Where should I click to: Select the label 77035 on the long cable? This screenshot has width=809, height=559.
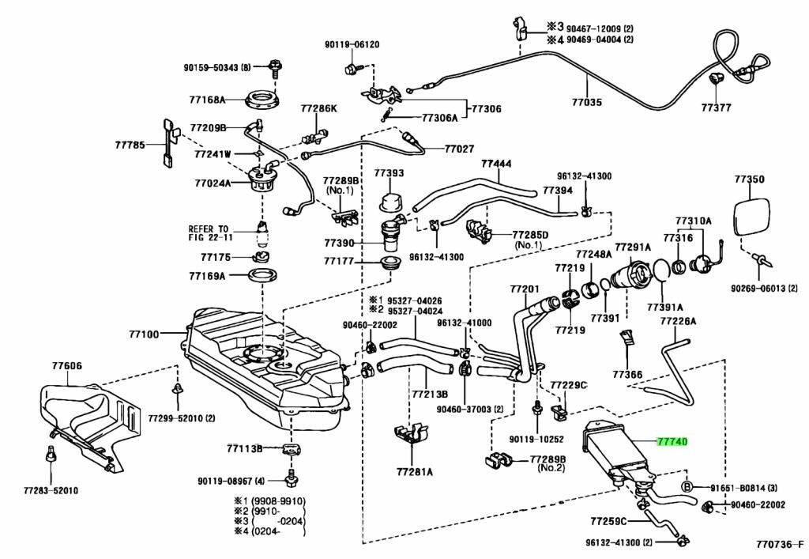[x=587, y=102]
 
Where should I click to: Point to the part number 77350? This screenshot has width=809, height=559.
[x=749, y=179]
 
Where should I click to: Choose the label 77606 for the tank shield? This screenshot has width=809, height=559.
[x=68, y=365]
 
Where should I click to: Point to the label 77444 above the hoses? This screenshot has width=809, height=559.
[x=497, y=164]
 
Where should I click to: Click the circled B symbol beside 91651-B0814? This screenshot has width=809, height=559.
[x=687, y=486]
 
